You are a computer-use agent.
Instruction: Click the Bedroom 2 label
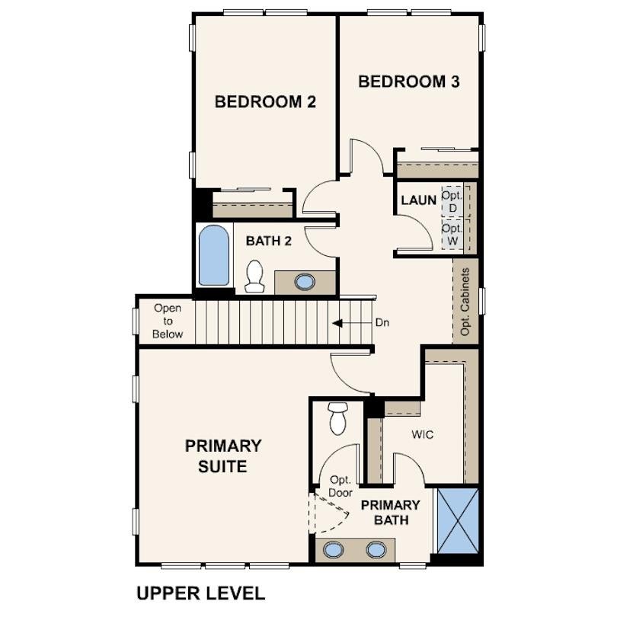(x=265, y=102)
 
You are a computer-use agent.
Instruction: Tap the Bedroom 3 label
(x=409, y=82)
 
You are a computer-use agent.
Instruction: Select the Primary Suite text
(x=223, y=456)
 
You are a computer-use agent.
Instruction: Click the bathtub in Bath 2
(x=214, y=255)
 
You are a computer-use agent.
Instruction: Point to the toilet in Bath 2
(x=254, y=277)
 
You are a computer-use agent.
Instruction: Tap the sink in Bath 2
(x=305, y=282)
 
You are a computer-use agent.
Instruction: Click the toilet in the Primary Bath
(x=337, y=418)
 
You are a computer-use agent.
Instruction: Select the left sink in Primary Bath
(x=333, y=549)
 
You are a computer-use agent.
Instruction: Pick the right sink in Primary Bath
(x=376, y=549)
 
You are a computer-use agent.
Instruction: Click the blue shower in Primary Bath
(x=458, y=521)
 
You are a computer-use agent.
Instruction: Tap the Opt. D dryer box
(x=452, y=201)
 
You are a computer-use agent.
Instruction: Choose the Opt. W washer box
(x=452, y=234)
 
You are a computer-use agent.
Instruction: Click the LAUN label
(x=418, y=200)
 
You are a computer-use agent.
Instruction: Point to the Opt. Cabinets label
(x=465, y=302)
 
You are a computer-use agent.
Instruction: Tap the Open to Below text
(x=168, y=321)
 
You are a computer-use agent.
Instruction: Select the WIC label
(x=423, y=435)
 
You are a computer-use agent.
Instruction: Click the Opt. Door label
(x=340, y=486)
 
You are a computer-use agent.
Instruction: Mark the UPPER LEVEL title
(x=200, y=593)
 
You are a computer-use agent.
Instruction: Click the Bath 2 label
(x=269, y=241)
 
